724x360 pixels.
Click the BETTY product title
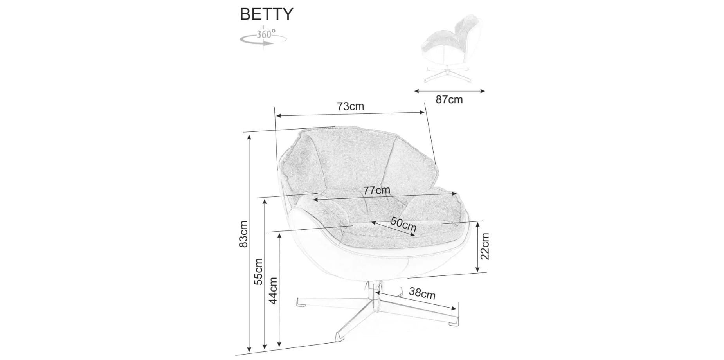click(x=266, y=14)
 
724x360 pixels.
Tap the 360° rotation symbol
click(x=263, y=37)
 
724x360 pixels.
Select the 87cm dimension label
click(x=449, y=100)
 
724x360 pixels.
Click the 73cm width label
click(x=350, y=106)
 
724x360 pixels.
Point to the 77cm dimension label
click(x=376, y=191)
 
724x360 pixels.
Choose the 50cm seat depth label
click(x=403, y=225)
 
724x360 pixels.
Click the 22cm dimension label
click(x=485, y=246)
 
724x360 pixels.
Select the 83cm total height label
click(x=243, y=234)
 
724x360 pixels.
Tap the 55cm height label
click(x=258, y=272)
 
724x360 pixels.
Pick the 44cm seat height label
click(x=273, y=291)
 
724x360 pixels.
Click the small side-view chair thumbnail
click(x=450, y=49)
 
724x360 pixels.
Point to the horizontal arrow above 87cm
click(x=449, y=91)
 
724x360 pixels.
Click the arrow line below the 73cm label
click(x=350, y=114)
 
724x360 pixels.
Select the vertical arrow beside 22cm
click(x=477, y=247)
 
